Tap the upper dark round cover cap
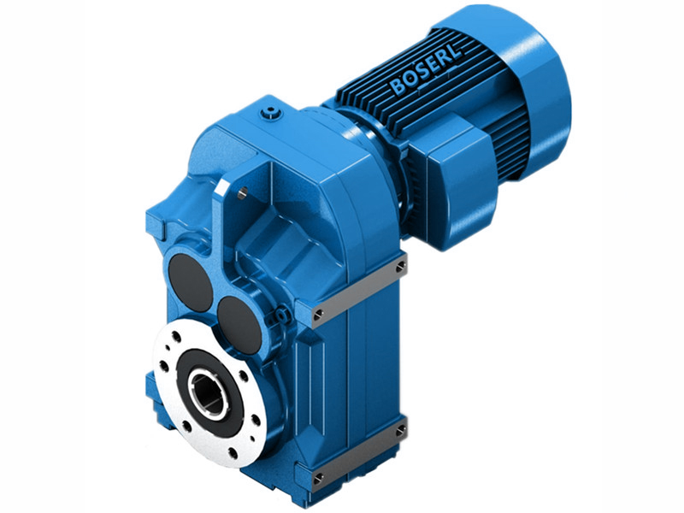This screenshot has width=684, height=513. coord(190,282)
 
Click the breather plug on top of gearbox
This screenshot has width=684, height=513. coord(272,111)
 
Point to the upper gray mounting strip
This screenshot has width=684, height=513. coord(359,291)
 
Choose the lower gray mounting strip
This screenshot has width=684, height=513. coord(359,453)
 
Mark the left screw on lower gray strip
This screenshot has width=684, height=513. coord(318,477)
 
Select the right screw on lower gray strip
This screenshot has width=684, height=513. coord(399,432)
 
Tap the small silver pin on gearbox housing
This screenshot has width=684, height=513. coord(243,194)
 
